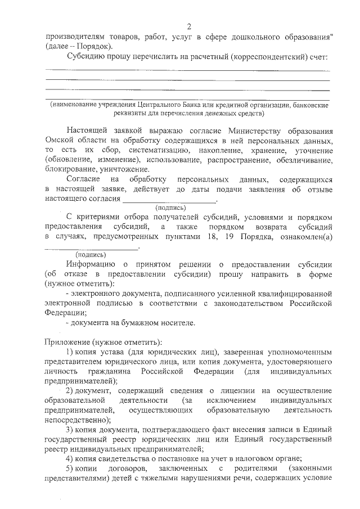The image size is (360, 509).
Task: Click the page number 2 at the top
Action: [x=190, y=26]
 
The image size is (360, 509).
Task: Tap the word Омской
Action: [x=58, y=140]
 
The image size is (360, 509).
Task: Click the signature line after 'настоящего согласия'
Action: [x=169, y=201]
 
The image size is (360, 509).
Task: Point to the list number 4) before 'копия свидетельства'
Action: [x=70, y=459]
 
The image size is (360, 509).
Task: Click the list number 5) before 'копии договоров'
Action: [x=70, y=469]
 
